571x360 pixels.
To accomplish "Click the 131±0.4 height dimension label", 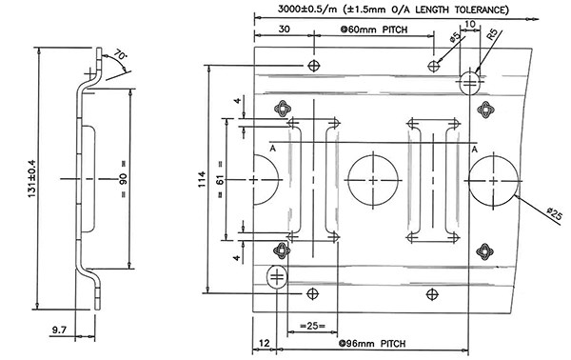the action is click(32, 178).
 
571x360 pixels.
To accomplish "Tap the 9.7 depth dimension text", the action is click(59, 330).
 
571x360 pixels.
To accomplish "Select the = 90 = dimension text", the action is click(124, 178).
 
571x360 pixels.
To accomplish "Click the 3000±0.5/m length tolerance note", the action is click(392, 10).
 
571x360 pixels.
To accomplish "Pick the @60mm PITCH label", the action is click(374, 30).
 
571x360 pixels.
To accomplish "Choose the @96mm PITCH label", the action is click(372, 343).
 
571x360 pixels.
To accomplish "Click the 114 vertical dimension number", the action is click(202, 179).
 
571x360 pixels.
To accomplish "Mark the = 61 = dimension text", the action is click(220, 179).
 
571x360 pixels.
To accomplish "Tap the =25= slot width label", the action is click(312, 326).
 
